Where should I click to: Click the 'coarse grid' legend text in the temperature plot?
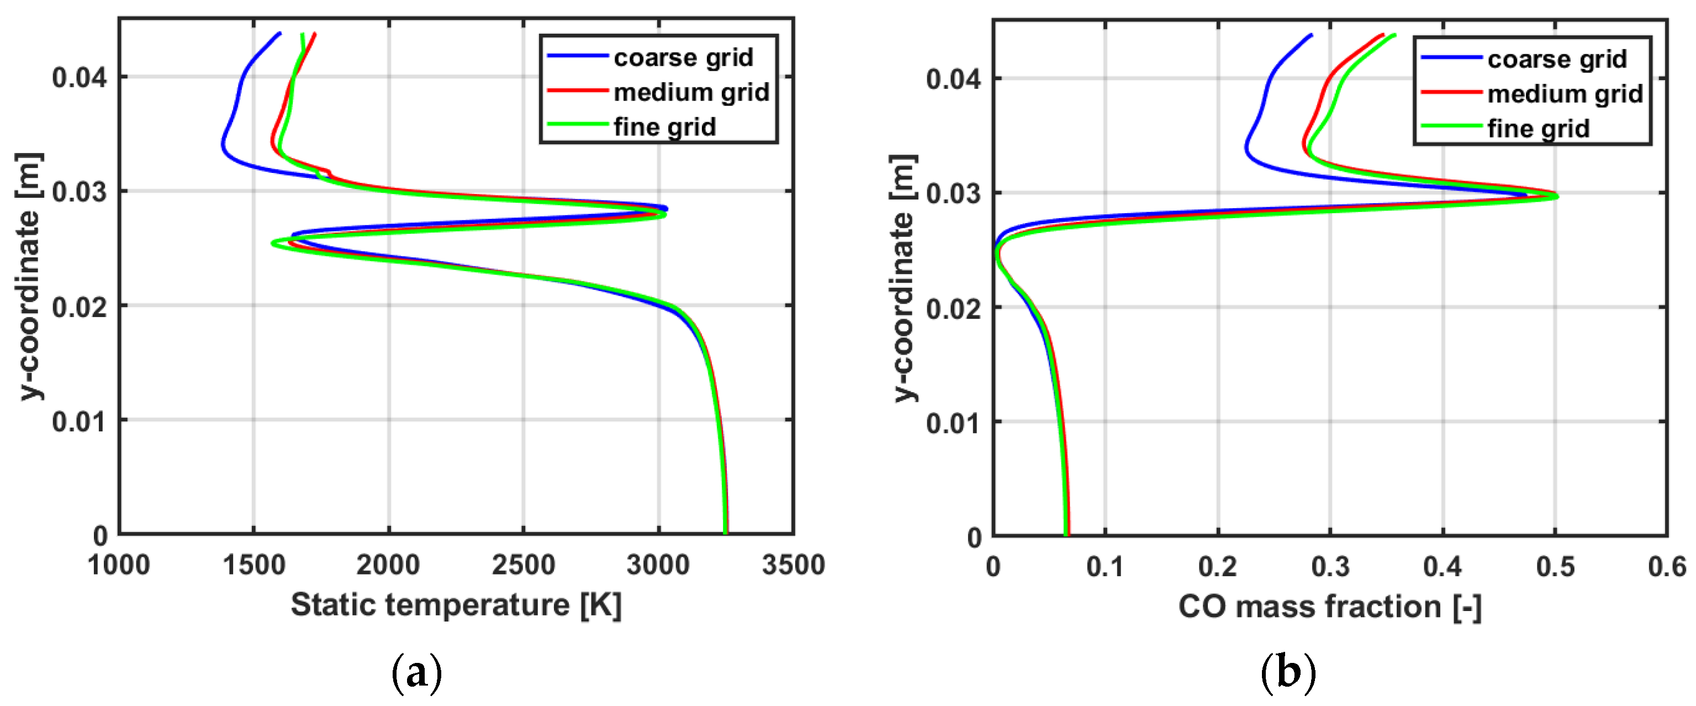(x=683, y=58)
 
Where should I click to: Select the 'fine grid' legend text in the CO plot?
(x=1538, y=128)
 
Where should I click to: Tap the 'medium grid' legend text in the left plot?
(x=691, y=92)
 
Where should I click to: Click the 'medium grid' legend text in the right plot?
(x=1565, y=94)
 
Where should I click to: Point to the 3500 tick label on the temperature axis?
(x=792, y=565)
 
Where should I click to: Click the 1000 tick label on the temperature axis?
(x=119, y=565)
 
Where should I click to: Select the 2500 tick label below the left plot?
(x=524, y=565)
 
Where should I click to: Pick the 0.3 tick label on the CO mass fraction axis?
(x=1330, y=567)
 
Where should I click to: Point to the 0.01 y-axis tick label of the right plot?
(x=953, y=423)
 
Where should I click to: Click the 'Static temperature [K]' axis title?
(x=456, y=604)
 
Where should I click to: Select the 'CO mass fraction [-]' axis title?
(x=1330, y=607)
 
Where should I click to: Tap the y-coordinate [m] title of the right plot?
(x=904, y=278)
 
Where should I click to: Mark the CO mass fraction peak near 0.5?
(x=1556, y=196)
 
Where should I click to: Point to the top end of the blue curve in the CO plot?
(x=1311, y=35)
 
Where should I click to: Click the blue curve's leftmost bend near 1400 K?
(x=223, y=144)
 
